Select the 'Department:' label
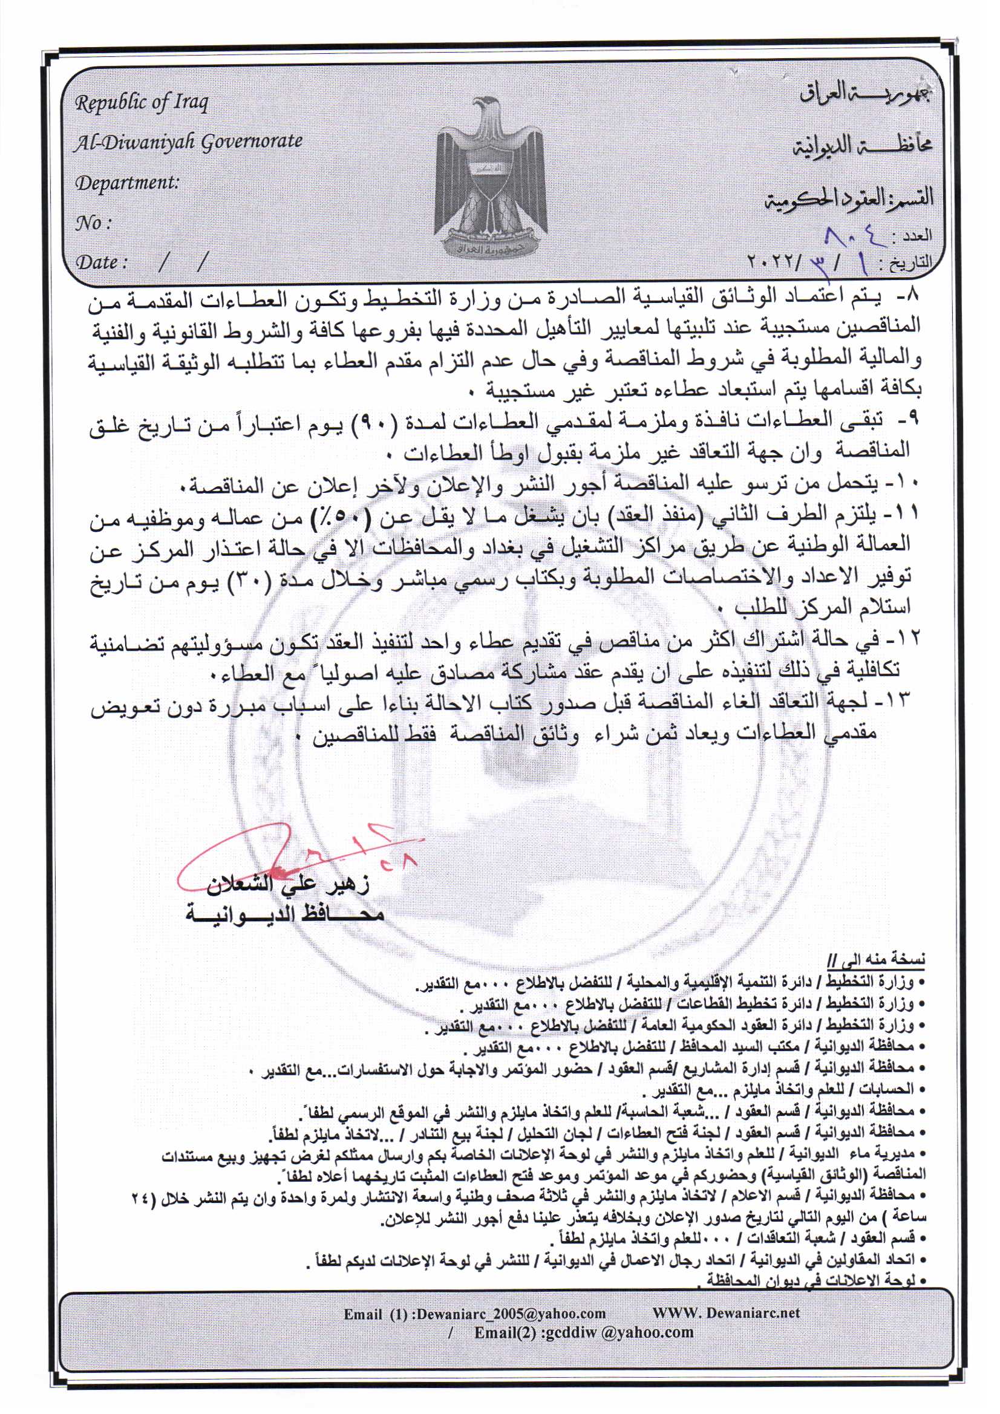click(126, 183)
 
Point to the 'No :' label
click(93, 223)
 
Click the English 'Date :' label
click(101, 263)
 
